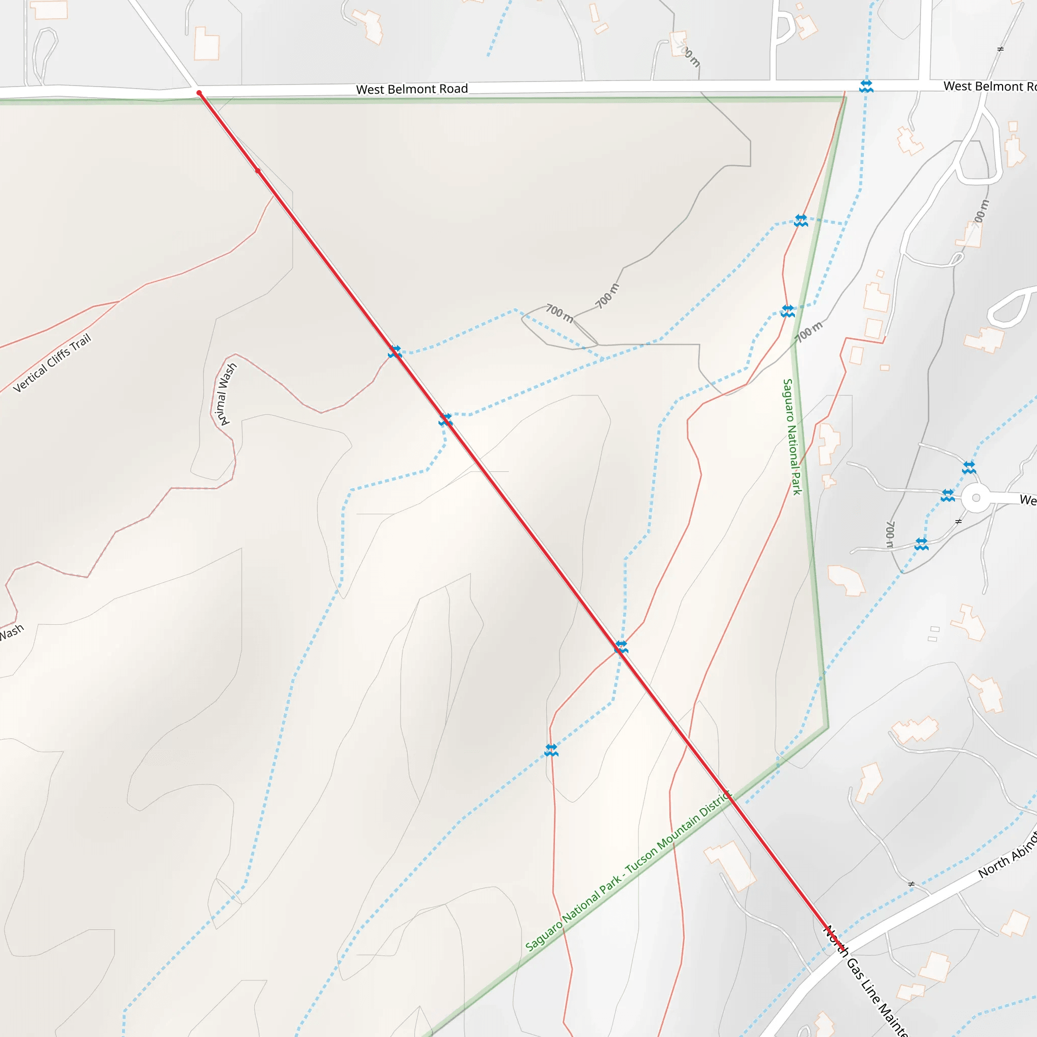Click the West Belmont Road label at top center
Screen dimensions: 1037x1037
[x=412, y=89]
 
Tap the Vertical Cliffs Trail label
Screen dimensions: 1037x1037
[x=52, y=364]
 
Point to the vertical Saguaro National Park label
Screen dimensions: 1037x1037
[x=792, y=436]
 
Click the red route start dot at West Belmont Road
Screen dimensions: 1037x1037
[x=199, y=93]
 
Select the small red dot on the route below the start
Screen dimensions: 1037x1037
[x=258, y=171]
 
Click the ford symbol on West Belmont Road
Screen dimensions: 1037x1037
[x=866, y=86]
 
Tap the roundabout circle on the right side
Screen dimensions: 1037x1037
[x=976, y=498]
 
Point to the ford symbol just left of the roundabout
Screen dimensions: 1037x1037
[x=947, y=495]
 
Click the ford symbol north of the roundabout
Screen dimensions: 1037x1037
[x=968, y=467]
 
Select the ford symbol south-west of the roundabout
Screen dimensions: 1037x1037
[x=921, y=544]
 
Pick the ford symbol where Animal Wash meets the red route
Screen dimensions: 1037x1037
[x=394, y=352]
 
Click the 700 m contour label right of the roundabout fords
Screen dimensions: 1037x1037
[x=889, y=535]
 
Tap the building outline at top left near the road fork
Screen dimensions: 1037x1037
[x=207, y=44]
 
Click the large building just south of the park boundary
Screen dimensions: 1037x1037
[x=732, y=864]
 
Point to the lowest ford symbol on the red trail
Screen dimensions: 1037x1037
[x=551, y=750]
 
